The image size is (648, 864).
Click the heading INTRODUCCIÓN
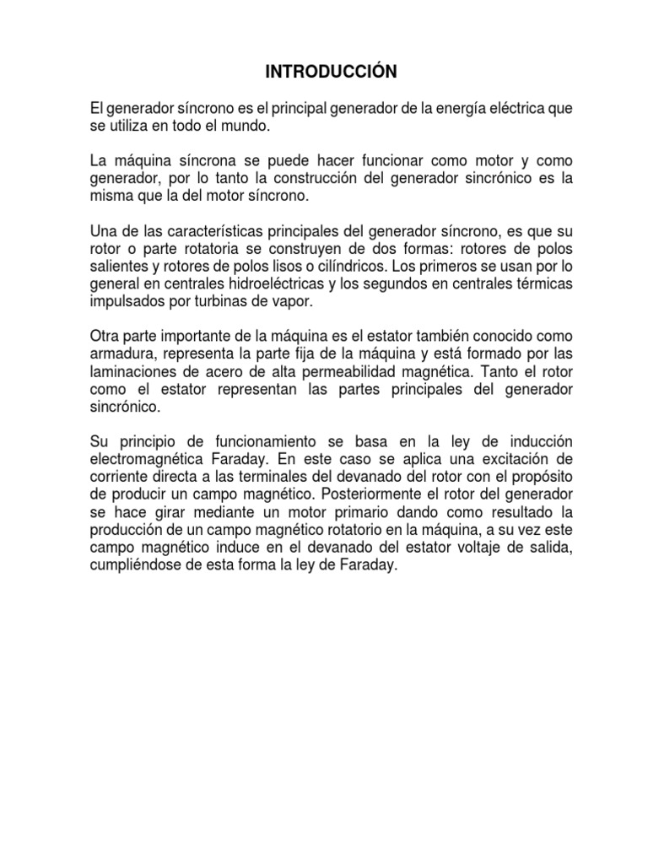click(x=331, y=73)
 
